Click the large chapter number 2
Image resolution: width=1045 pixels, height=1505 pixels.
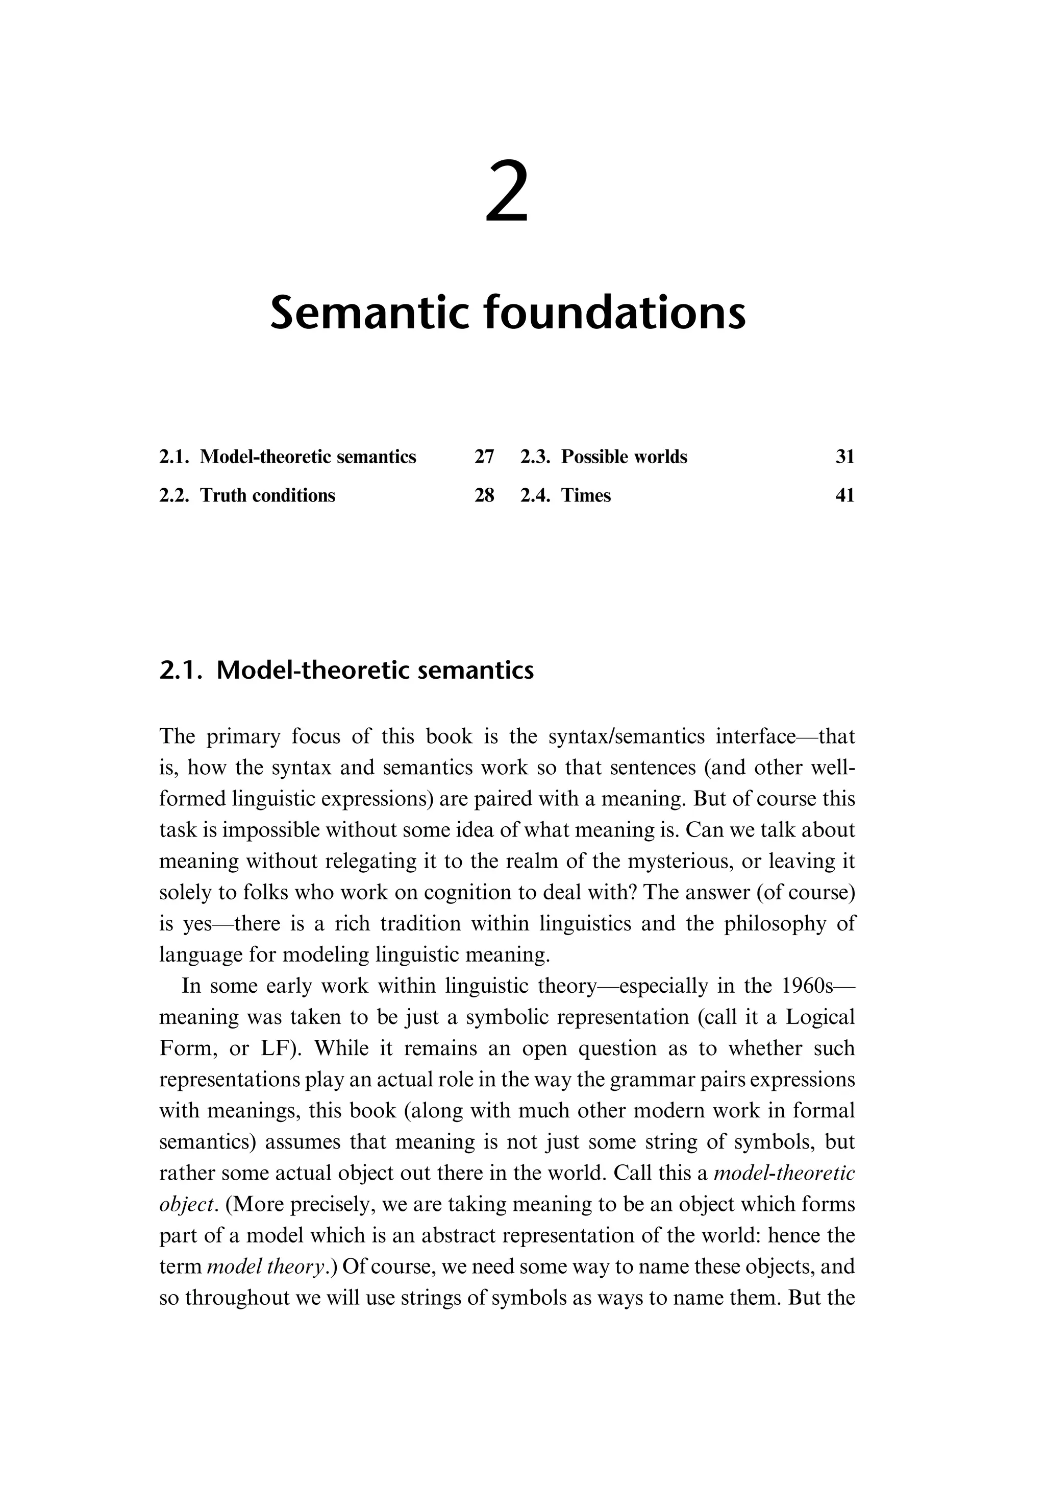point(507,194)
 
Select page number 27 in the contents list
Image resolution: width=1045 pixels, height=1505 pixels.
point(484,457)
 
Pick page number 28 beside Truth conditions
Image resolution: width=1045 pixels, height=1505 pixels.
point(484,495)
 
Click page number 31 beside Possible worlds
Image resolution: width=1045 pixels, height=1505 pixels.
point(844,457)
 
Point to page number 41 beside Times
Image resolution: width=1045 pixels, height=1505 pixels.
point(844,495)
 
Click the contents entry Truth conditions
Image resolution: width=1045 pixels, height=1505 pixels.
point(267,495)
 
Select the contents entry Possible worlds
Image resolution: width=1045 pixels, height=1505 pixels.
point(624,457)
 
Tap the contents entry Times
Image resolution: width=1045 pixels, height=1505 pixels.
point(585,495)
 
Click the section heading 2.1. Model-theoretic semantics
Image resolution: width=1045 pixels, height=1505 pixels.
point(346,670)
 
